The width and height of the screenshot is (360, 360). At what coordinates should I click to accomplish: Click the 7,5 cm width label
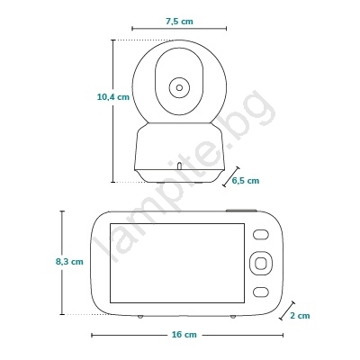(x=179, y=22)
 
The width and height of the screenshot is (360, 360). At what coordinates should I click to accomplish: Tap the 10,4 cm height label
(x=113, y=97)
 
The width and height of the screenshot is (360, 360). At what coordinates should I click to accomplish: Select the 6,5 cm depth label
(x=246, y=180)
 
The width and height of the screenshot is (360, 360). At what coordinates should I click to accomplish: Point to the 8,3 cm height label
(x=69, y=262)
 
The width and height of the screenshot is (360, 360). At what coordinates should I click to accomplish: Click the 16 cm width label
(x=184, y=335)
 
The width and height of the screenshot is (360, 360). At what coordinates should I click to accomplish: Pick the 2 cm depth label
(x=300, y=316)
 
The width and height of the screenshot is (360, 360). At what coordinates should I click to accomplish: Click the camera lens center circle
(x=179, y=88)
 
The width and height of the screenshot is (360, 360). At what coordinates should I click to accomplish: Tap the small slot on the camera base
(x=179, y=166)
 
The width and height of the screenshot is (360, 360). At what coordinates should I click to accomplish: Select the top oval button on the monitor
(x=260, y=235)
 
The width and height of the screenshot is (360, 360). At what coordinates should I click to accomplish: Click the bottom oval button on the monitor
(x=260, y=292)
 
